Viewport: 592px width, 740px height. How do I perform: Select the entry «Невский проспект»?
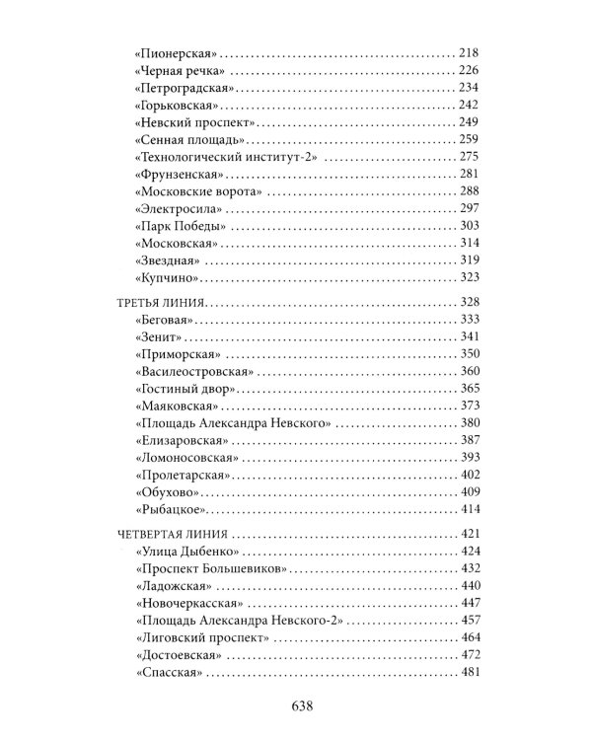(x=193, y=121)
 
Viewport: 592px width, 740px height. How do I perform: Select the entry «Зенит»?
(x=158, y=336)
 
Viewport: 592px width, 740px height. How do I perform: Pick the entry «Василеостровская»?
(x=193, y=372)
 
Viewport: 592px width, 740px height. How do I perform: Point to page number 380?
(x=468, y=424)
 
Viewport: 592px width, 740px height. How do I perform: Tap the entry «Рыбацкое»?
(x=167, y=510)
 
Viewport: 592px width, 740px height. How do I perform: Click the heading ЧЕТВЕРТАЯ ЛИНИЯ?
(x=169, y=533)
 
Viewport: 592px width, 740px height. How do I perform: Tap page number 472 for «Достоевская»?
(x=468, y=656)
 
